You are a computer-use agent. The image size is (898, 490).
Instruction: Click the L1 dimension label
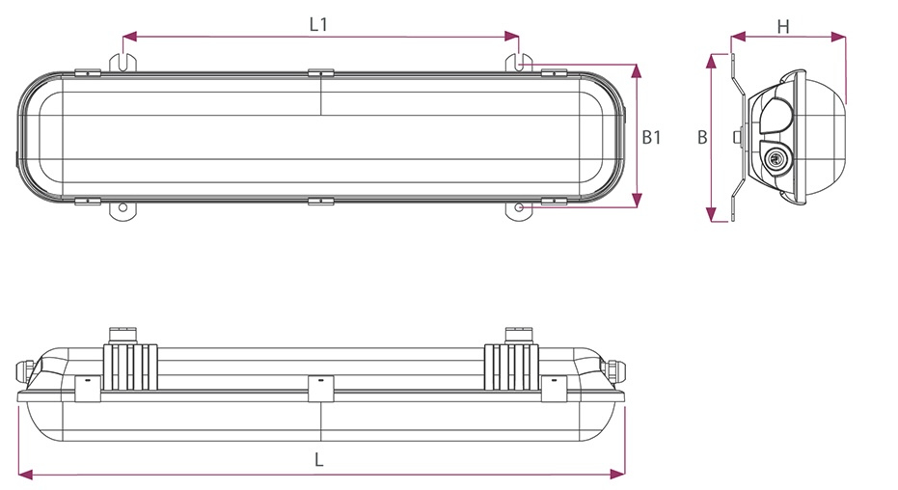pyautogui.click(x=318, y=25)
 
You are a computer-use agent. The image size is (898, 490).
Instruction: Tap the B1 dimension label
pyautogui.click(x=652, y=137)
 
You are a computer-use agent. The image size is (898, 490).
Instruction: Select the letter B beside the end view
pyautogui.click(x=702, y=137)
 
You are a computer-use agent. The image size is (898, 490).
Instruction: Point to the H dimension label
pyautogui.click(x=783, y=27)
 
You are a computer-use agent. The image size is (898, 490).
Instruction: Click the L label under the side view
pyautogui.click(x=318, y=460)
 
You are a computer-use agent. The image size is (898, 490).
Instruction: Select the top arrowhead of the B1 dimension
pyautogui.click(x=637, y=69)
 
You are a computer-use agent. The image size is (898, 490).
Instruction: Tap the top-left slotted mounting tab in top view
pyautogui.click(x=124, y=61)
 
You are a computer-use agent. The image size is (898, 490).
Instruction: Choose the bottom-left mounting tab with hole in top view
pyautogui.click(x=124, y=208)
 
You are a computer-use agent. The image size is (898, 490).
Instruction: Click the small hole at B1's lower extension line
pyautogui.click(x=521, y=207)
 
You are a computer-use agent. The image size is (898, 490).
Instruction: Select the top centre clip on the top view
pyautogui.click(x=320, y=72)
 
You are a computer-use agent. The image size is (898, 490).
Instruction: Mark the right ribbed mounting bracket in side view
pyautogui.click(x=512, y=365)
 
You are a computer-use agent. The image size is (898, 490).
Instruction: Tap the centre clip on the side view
pyautogui.click(x=318, y=388)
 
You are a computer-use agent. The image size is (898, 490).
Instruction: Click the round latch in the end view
pyautogui.click(x=774, y=158)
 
